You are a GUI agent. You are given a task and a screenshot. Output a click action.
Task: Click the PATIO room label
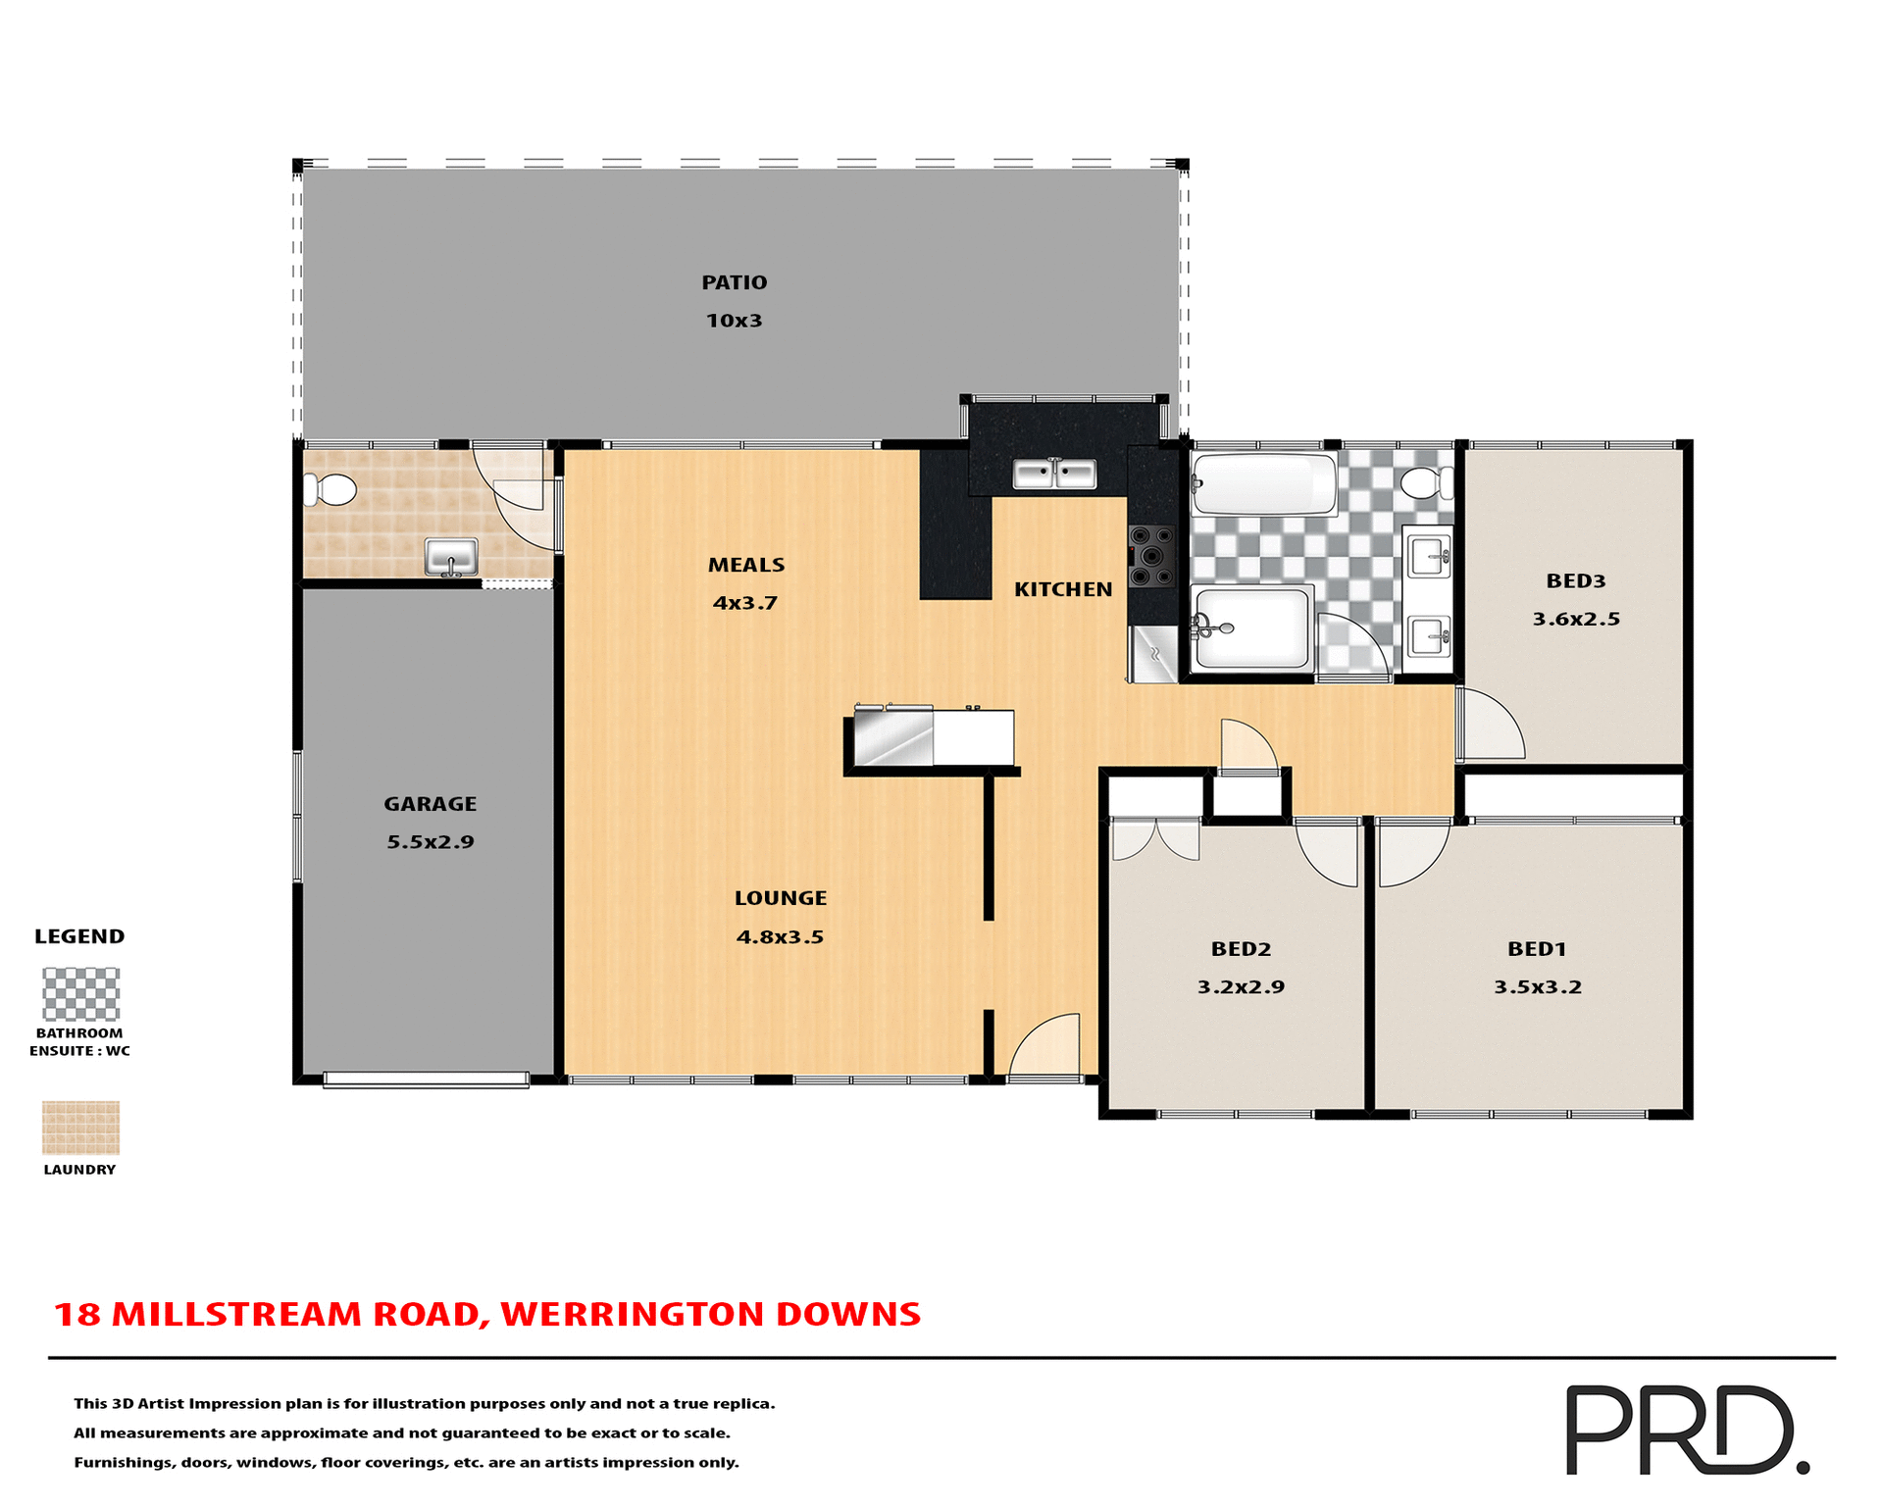pyautogui.click(x=734, y=282)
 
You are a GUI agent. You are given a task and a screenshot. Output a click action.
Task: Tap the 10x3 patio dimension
pyautogui.click(x=734, y=321)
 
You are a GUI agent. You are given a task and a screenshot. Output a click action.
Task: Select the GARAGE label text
pyautogui.click(x=430, y=804)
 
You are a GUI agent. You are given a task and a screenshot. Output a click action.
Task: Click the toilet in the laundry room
pyautogui.click(x=331, y=488)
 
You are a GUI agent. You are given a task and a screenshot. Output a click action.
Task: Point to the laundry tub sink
pyautogui.click(x=451, y=557)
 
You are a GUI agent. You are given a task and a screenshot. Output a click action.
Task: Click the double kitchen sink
pyautogui.click(x=1054, y=475)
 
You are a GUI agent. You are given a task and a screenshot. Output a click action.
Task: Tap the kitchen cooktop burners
pyautogui.click(x=1151, y=556)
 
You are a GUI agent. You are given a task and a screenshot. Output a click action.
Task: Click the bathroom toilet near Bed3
pyautogui.click(x=1427, y=482)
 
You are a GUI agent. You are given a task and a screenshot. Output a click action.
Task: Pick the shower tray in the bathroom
pyautogui.click(x=1251, y=628)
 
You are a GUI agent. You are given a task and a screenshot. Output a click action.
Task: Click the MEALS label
pyautogui.click(x=746, y=565)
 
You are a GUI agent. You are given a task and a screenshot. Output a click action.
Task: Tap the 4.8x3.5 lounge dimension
pyautogui.click(x=780, y=936)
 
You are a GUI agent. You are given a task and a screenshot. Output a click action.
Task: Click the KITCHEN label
pyautogui.click(x=1063, y=589)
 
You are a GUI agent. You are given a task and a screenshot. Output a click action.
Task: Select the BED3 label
pyautogui.click(x=1575, y=580)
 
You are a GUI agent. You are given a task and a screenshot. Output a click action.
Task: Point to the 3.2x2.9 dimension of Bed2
pyautogui.click(x=1241, y=986)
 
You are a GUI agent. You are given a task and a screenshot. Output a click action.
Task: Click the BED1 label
pyautogui.click(x=1537, y=948)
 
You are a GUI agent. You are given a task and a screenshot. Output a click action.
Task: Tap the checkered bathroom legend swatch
pyautogui.click(x=80, y=994)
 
